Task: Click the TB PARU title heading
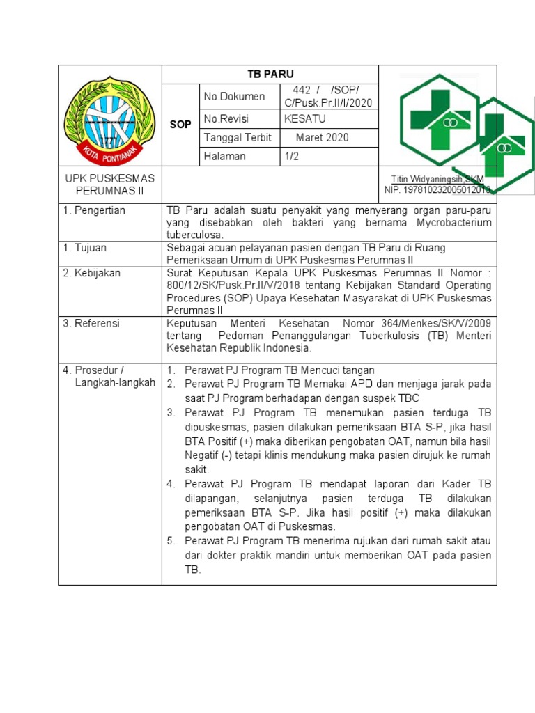270,75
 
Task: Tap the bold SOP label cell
180,123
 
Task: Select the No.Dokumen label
234,97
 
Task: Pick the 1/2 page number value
291,157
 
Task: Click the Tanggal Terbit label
238,138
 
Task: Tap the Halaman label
224,157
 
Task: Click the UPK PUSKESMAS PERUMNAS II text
109,185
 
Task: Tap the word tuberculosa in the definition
192,235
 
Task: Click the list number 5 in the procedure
171,541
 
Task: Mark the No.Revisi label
226,119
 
